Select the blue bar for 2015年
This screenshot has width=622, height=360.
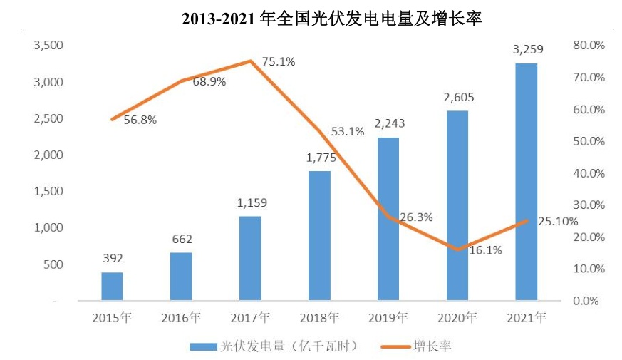112,287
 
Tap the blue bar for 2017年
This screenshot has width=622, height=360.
250,258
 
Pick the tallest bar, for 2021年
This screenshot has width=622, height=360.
527,182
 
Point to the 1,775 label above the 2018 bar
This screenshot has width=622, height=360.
319,158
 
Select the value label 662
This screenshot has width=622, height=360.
182,239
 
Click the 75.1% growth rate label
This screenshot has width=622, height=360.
279,62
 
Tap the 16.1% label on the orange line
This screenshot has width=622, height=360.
486,250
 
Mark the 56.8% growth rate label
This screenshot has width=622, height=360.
140,120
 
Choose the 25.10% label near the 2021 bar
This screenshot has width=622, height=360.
558,221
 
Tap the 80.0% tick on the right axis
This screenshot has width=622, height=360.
588,46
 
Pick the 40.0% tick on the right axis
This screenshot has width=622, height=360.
588,173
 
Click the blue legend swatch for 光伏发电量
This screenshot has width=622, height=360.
203,346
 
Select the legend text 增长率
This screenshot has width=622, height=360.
432,346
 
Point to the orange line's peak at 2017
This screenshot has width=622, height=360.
251,61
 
